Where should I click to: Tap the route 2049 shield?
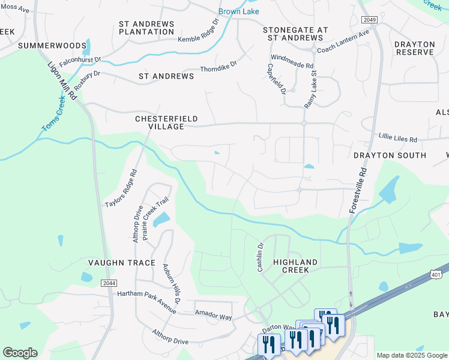pyautogui.click(x=370, y=20)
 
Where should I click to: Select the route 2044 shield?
pyautogui.click(x=109, y=283)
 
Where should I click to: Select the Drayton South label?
pyautogui.click(x=390, y=155)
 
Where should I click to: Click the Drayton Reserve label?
pyautogui.click(x=414, y=48)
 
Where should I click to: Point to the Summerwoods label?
pyautogui.click(x=44, y=45)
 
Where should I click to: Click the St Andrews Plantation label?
pyautogui.click(x=146, y=28)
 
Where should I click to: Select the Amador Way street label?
pyautogui.click(x=213, y=313)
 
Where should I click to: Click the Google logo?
pyautogui.click(x=20, y=352)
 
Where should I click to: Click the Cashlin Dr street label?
pyautogui.click(x=261, y=257)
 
